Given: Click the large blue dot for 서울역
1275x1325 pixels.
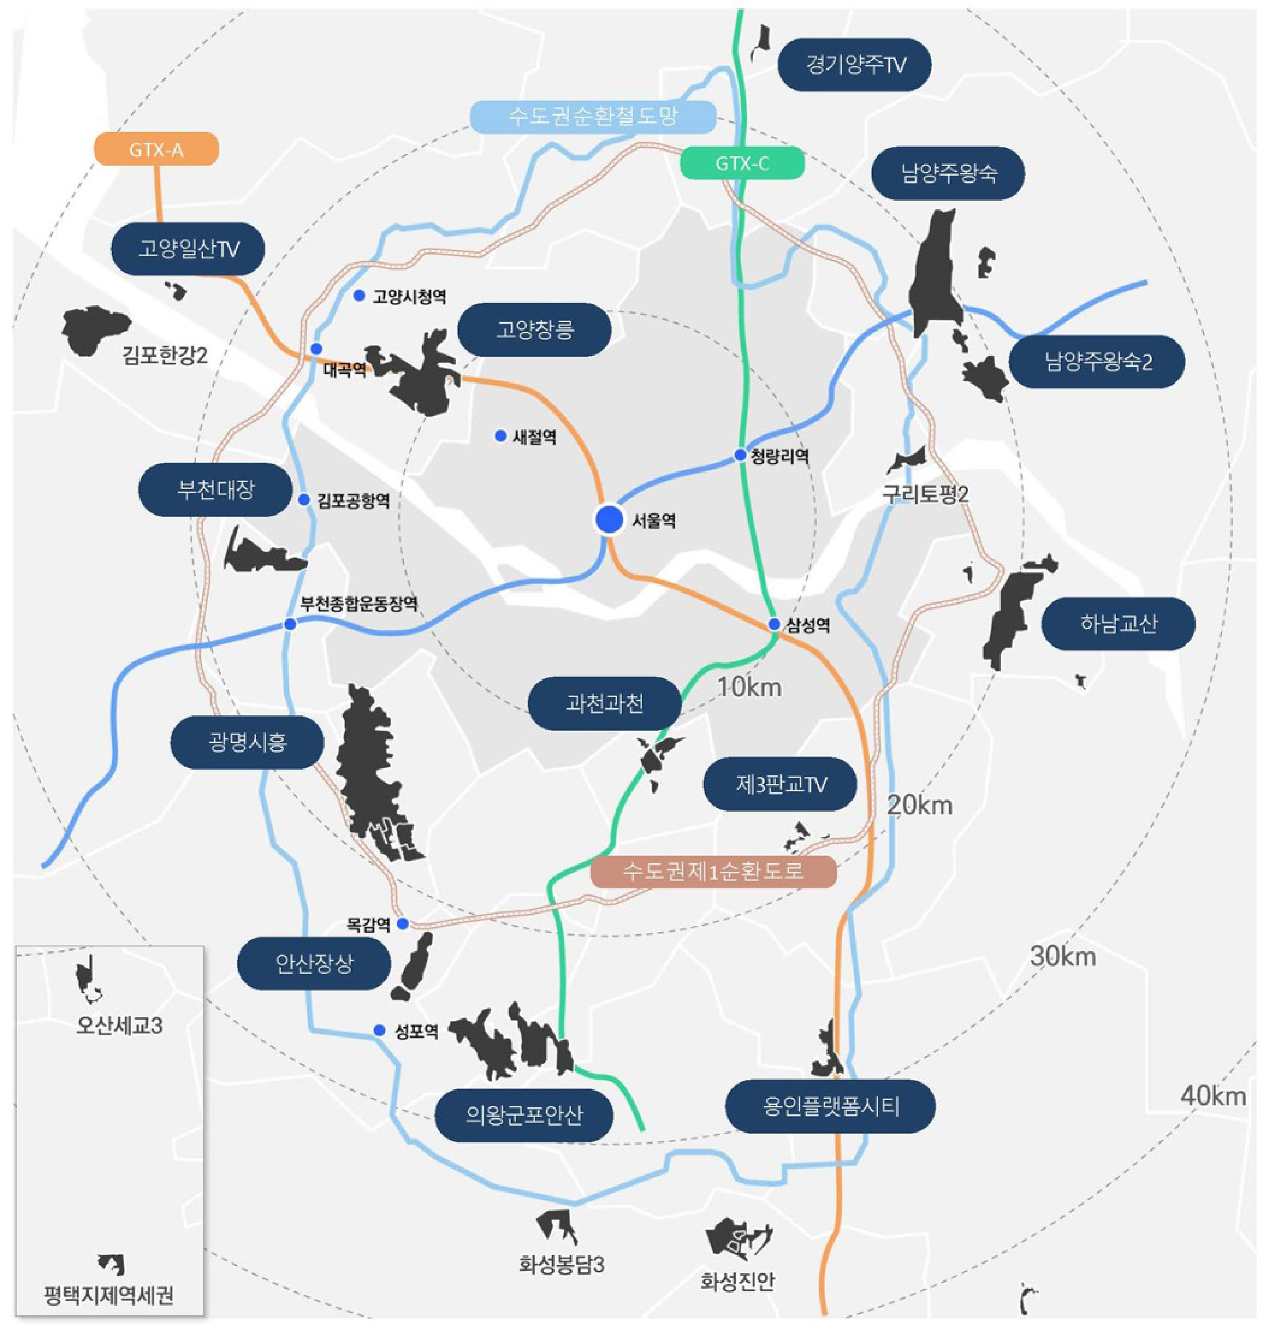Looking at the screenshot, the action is point(609,519).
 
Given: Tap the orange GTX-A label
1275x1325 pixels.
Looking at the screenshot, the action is point(156,150).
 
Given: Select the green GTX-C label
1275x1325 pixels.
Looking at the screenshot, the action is point(742,163).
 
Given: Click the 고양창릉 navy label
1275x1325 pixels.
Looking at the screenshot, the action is point(534,330).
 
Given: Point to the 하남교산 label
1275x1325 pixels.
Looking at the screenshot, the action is point(1118,623).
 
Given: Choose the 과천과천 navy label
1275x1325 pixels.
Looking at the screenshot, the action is point(604,704).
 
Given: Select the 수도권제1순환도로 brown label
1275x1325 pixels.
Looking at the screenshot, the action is point(713,871).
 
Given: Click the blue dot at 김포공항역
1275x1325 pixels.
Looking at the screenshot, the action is point(304,499).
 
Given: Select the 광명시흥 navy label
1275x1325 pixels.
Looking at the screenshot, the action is point(248,742).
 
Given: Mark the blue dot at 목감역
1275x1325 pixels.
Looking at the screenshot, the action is point(403,923).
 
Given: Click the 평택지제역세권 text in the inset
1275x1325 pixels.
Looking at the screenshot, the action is point(108,1295).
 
